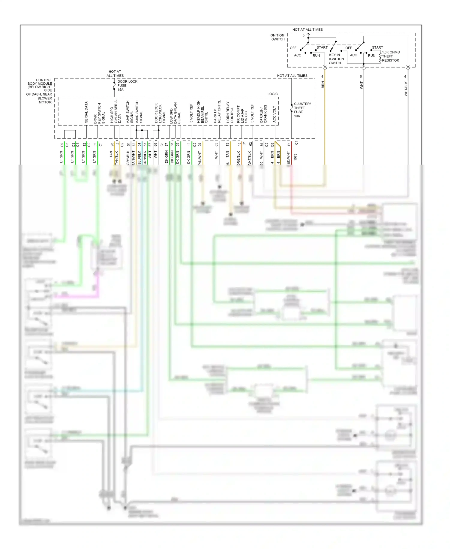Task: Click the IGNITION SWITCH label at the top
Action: tap(277, 37)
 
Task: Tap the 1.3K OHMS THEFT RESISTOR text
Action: tap(390, 56)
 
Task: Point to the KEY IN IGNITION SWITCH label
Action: tap(336, 59)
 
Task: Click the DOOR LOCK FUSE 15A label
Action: tap(127, 86)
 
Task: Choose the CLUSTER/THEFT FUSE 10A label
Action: tap(302, 110)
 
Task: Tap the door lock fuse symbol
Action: tap(114, 87)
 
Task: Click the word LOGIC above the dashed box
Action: tap(272, 94)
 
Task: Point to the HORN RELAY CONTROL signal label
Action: tap(230, 112)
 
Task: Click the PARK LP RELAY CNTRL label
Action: tap(217, 112)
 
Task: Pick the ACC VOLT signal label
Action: tap(274, 114)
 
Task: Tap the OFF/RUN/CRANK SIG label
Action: tap(263, 114)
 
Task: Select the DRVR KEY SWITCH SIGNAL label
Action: tap(99, 114)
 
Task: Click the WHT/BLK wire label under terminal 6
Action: tap(406, 89)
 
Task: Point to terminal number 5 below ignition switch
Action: tap(361, 77)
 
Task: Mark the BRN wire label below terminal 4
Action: tap(323, 85)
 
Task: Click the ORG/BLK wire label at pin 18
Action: tap(238, 158)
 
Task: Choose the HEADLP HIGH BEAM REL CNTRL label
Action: tap(202, 112)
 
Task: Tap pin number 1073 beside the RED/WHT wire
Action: tap(295, 157)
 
